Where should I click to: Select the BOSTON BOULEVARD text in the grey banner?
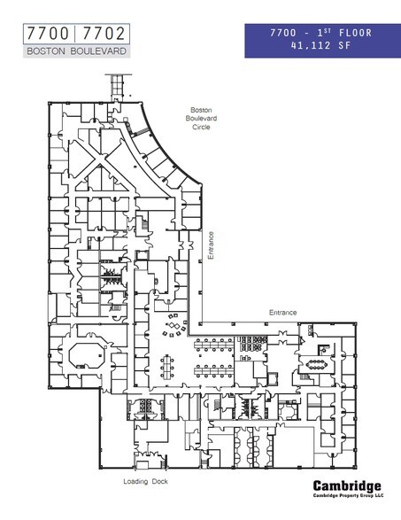pyautogui.click(x=77, y=51)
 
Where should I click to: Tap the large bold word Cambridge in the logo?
pyautogui.click(x=348, y=485)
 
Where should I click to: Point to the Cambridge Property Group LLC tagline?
pyautogui.click(x=348, y=497)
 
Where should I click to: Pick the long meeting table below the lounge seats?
pyautogui.click(x=167, y=365)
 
